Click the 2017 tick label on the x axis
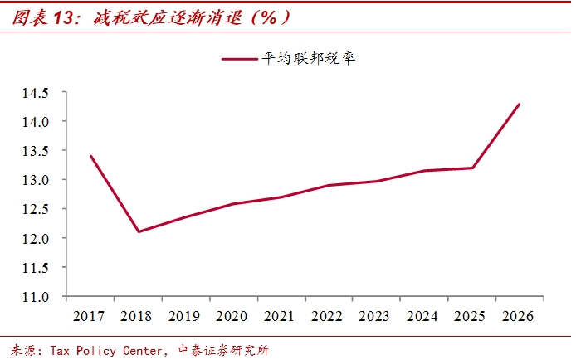(90, 316)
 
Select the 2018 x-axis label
(137, 316)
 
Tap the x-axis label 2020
(232, 316)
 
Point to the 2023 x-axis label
(375, 316)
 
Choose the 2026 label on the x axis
(518, 316)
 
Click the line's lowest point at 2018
(138, 231)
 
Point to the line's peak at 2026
(520, 105)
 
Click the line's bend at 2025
(472, 168)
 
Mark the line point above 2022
(328, 185)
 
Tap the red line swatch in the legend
(240, 59)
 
